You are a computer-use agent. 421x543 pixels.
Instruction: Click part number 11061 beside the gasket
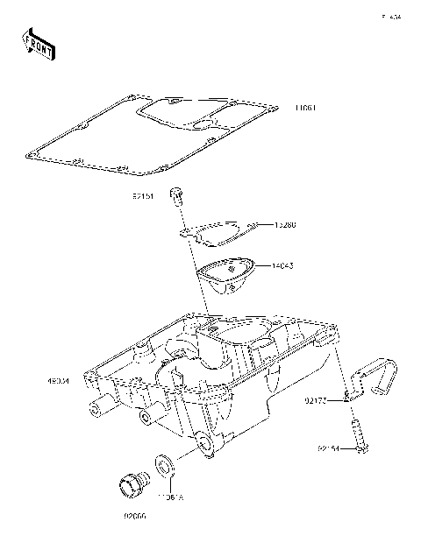tap(304, 109)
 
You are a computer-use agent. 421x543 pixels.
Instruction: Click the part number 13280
tap(285, 225)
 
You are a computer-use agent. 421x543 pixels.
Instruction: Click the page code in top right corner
tap(389, 17)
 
